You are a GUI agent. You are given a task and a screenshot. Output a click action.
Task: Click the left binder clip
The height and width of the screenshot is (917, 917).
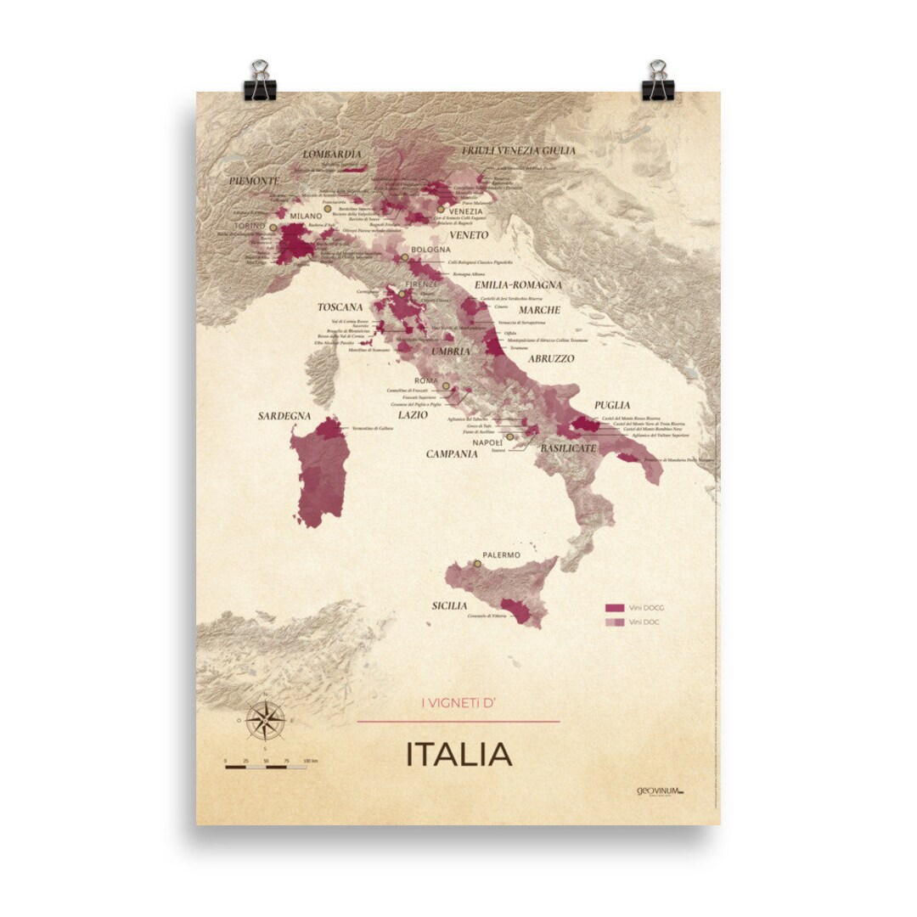click(260, 82)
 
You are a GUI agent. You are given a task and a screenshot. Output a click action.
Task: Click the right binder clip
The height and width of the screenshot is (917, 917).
click(657, 82)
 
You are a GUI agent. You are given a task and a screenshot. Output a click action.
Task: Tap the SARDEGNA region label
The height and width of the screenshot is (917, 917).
click(284, 417)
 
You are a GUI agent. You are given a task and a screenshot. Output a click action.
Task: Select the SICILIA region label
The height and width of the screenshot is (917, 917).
click(448, 605)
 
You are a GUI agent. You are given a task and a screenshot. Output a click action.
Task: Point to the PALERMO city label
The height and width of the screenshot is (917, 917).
click(501, 555)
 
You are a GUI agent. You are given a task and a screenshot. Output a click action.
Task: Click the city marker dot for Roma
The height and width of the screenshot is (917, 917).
click(445, 386)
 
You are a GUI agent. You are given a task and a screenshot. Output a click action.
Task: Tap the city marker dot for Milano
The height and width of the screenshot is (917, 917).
click(326, 206)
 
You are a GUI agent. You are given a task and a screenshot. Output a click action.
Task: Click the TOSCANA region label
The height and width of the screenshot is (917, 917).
click(340, 307)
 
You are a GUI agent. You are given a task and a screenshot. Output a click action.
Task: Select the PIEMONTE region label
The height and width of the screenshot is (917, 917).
click(253, 181)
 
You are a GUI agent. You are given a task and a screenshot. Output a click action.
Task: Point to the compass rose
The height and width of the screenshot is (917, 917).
click(267, 722)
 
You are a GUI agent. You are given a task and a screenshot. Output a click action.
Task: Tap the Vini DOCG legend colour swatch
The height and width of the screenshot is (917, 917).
click(615, 608)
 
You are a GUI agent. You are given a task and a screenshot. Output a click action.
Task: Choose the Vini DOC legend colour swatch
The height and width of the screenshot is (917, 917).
click(615, 622)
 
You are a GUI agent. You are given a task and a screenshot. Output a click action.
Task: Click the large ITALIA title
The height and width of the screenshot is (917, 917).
click(458, 754)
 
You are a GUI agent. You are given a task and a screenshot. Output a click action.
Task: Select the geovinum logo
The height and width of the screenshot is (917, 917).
click(660, 790)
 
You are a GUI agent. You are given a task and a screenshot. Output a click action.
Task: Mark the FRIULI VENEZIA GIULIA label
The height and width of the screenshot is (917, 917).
click(518, 150)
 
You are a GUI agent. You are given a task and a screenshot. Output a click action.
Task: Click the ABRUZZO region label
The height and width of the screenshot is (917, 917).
click(551, 359)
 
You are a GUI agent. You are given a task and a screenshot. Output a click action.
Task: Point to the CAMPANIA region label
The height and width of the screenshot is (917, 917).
click(452, 454)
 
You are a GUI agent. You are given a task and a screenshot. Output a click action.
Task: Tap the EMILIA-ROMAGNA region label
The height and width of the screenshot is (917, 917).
click(518, 285)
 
